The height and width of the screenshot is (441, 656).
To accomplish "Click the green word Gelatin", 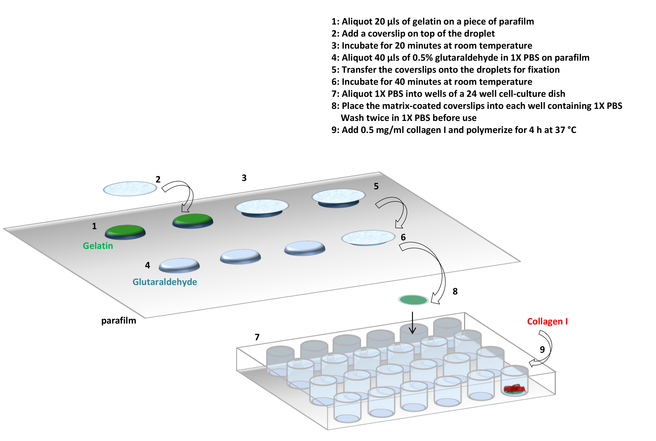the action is coord(98,246).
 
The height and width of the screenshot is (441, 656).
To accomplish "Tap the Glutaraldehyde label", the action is coord(165,282).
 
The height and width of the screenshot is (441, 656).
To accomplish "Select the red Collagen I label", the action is coord(547,321).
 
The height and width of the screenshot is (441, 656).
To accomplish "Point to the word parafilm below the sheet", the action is coord(119,321).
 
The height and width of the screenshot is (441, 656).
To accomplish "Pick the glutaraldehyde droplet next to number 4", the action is coord(179,265).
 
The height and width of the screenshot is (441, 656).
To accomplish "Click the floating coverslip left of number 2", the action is coord(130,188).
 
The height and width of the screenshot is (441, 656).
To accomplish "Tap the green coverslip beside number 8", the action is coord(413,300).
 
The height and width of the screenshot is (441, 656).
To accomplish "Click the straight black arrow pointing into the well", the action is coord(412,323).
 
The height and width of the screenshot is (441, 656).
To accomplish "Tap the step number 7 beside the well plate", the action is coord(257,337).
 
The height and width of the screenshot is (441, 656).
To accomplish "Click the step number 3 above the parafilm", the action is coord(244,178).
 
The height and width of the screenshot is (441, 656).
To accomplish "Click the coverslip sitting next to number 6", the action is coord(368,238).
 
